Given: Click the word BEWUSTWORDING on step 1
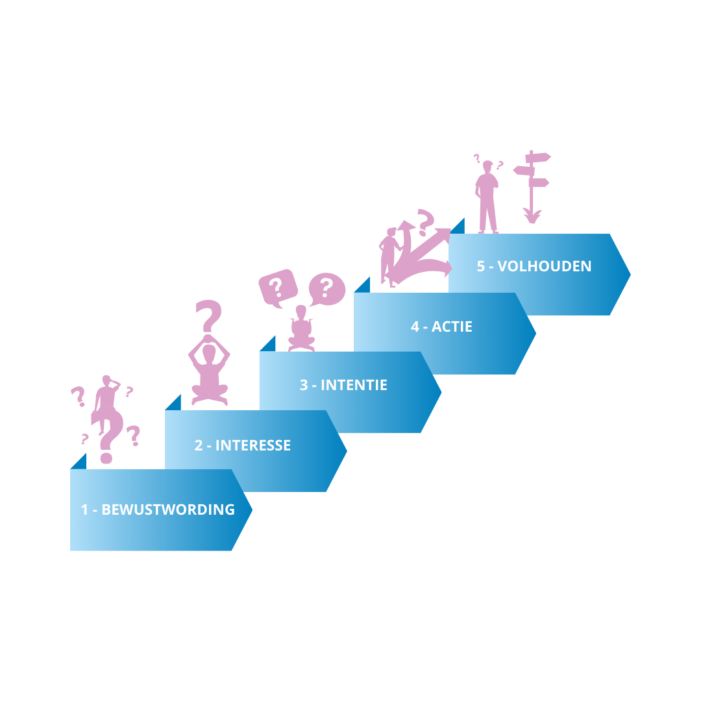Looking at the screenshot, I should pyautogui.click(x=168, y=510).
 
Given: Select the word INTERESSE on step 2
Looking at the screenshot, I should pyautogui.click(x=253, y=445).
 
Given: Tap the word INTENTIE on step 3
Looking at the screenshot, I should pyautogui.click(x=354, y=385).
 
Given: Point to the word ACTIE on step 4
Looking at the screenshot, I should pyautogui.click(x=452, y=326).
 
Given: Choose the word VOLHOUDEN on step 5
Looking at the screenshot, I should pyautogui.click(x=545, y=266).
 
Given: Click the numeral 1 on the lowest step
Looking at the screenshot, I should pyautogui.click(x=84, y=510).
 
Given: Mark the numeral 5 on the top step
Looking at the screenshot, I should pyautogui.click(x=481, y=266).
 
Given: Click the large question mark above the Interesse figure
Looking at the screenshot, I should pyautogui.click(x=209, y=317).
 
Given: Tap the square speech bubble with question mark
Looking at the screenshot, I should pyautogui.click(x=278, y=288).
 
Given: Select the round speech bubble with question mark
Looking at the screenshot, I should pyautogui.click(x=326, y=288).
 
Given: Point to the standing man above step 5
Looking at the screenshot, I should pyautogui.click(x=487, y=195).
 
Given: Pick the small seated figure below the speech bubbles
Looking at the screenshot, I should pyautogui.click(x=301, y=329).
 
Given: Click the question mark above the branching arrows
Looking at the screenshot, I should pyautogui.click(x=425, y=221).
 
